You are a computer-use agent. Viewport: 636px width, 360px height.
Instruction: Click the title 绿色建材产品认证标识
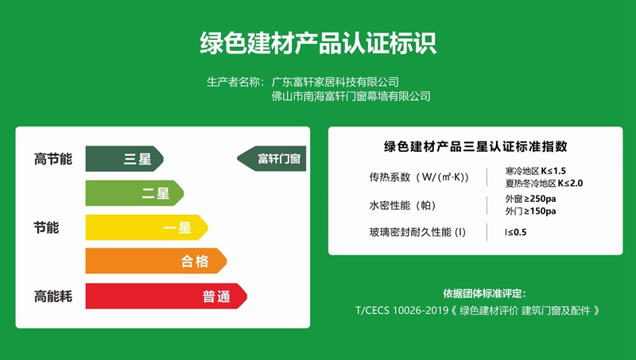click(318, 42)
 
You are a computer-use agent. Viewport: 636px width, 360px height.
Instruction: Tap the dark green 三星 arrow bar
click(124, 159)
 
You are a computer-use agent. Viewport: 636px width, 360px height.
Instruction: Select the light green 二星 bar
click(134, 193)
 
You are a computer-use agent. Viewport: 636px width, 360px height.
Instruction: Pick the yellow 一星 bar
click(146, 227)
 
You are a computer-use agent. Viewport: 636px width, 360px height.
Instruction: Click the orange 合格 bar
click(156, 261)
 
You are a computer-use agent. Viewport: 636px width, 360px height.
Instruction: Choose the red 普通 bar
click(166, 296)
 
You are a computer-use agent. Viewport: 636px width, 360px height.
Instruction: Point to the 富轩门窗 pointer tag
click(273, 159)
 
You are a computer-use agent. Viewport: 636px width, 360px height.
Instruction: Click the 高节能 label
click(52, 159)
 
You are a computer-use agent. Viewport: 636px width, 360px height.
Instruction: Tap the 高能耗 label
click(52, 296)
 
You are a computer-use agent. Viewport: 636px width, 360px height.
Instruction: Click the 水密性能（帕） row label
click(401, 205)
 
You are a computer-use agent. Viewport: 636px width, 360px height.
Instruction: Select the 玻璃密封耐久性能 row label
click(417, 232)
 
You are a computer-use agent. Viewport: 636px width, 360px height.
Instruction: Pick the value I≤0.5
click(516, 232)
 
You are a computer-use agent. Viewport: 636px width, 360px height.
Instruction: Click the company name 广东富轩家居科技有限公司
click(335, 81)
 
